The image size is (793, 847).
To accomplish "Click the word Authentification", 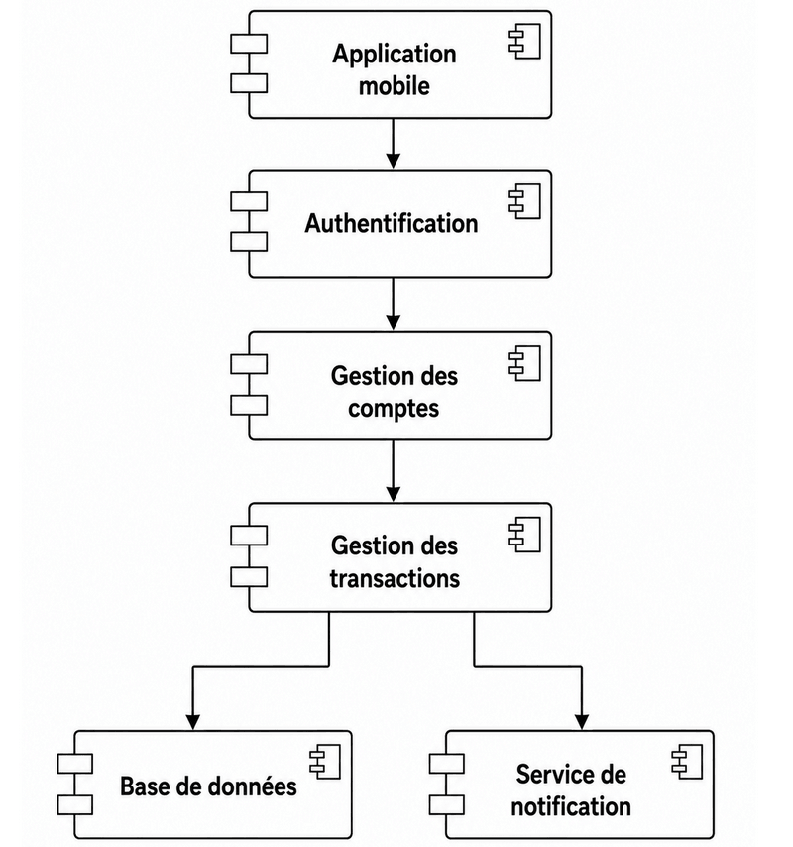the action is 392,223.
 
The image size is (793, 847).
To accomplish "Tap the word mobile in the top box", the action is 395,86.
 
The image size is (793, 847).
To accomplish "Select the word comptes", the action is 394,409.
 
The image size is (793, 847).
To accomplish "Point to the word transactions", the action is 395,578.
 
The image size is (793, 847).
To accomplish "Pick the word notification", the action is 571,807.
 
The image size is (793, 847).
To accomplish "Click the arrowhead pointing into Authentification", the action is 393,161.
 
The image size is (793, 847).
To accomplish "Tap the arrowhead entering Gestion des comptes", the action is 393,322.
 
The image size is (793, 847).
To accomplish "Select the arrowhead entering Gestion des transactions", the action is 393,494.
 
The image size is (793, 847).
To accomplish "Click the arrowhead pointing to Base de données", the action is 192,722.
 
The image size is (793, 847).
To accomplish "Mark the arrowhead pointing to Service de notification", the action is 582,722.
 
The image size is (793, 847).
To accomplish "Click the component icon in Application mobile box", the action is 524,41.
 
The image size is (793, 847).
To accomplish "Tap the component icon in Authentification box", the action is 524,201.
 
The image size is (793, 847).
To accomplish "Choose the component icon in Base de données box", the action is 325,762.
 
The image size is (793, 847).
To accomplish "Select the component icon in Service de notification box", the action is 687,762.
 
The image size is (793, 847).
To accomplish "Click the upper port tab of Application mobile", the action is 249,44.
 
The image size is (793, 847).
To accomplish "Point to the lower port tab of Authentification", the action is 249,242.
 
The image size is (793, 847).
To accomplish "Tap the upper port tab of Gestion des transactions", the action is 249,536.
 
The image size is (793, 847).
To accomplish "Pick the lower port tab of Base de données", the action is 75,805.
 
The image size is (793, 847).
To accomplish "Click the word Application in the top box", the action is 395,55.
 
